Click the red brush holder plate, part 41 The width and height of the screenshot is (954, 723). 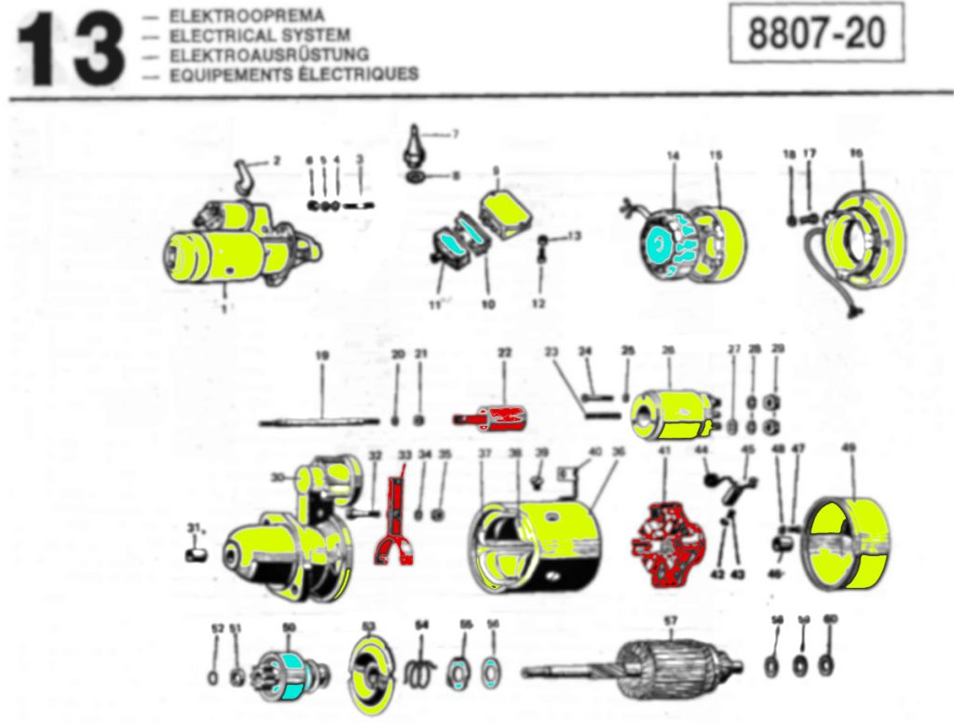(668, 546)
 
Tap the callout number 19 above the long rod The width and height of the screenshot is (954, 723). (322, 355)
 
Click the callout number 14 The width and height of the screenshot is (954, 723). (674, 156)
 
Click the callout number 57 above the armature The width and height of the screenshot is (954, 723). (670, 620)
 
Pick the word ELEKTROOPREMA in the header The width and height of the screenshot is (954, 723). (246, 16)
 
